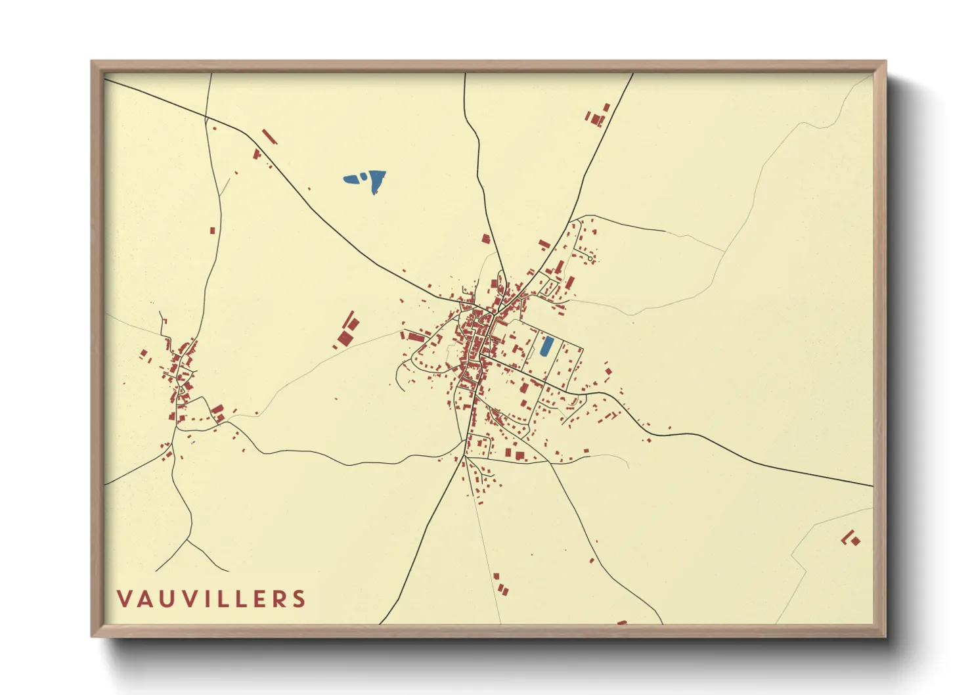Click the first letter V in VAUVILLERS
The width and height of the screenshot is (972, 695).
click(124, 599)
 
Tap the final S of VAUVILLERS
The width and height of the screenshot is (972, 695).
click(299, 599)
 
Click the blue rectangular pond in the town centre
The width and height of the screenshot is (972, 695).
click(546, 346)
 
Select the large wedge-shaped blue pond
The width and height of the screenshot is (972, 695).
click(376, 181)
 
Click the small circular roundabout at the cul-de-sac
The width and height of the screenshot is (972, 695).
click(590, 259)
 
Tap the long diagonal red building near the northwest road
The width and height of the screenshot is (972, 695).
click(269, 137)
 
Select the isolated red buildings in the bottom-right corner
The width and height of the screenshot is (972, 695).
click(851, 539)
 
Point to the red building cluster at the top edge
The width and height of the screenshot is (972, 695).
click(597, 117)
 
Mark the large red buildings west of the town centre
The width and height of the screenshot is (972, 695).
click(347, 330)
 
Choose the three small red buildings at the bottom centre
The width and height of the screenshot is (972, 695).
click(501, 584)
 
